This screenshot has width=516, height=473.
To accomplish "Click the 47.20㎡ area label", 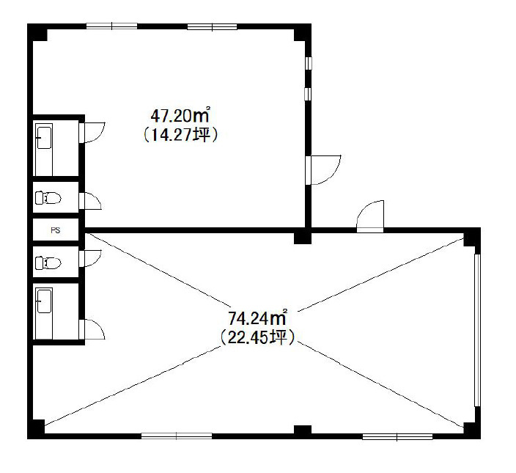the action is [180, 115].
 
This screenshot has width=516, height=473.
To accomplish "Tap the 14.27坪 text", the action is [180, 135].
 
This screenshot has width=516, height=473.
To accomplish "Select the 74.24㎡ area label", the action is [258, 318].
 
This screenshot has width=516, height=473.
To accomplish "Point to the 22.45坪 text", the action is [258, 337].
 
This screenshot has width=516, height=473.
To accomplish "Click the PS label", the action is [55, 230].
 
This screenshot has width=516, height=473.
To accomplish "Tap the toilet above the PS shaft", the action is [48, 197].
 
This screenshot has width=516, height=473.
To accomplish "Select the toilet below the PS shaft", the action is [48, 263].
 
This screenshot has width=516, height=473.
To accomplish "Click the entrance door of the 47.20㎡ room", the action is [323, 169].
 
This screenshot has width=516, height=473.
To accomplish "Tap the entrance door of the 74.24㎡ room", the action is [370, 216].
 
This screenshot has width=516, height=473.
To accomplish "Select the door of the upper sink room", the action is [92, 132].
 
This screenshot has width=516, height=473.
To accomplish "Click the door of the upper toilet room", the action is [90, 201].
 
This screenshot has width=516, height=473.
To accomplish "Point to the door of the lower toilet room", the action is [90, 259].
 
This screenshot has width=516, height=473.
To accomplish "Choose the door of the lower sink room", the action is [92, 329].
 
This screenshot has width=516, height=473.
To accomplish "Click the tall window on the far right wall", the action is [477, 330].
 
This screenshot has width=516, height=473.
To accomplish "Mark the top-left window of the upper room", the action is [112, 26].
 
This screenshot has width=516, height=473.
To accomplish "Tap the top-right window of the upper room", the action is [213, 26].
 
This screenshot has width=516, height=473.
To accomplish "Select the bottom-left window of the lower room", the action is [177, 436].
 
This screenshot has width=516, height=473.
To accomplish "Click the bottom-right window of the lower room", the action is [397, 437].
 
